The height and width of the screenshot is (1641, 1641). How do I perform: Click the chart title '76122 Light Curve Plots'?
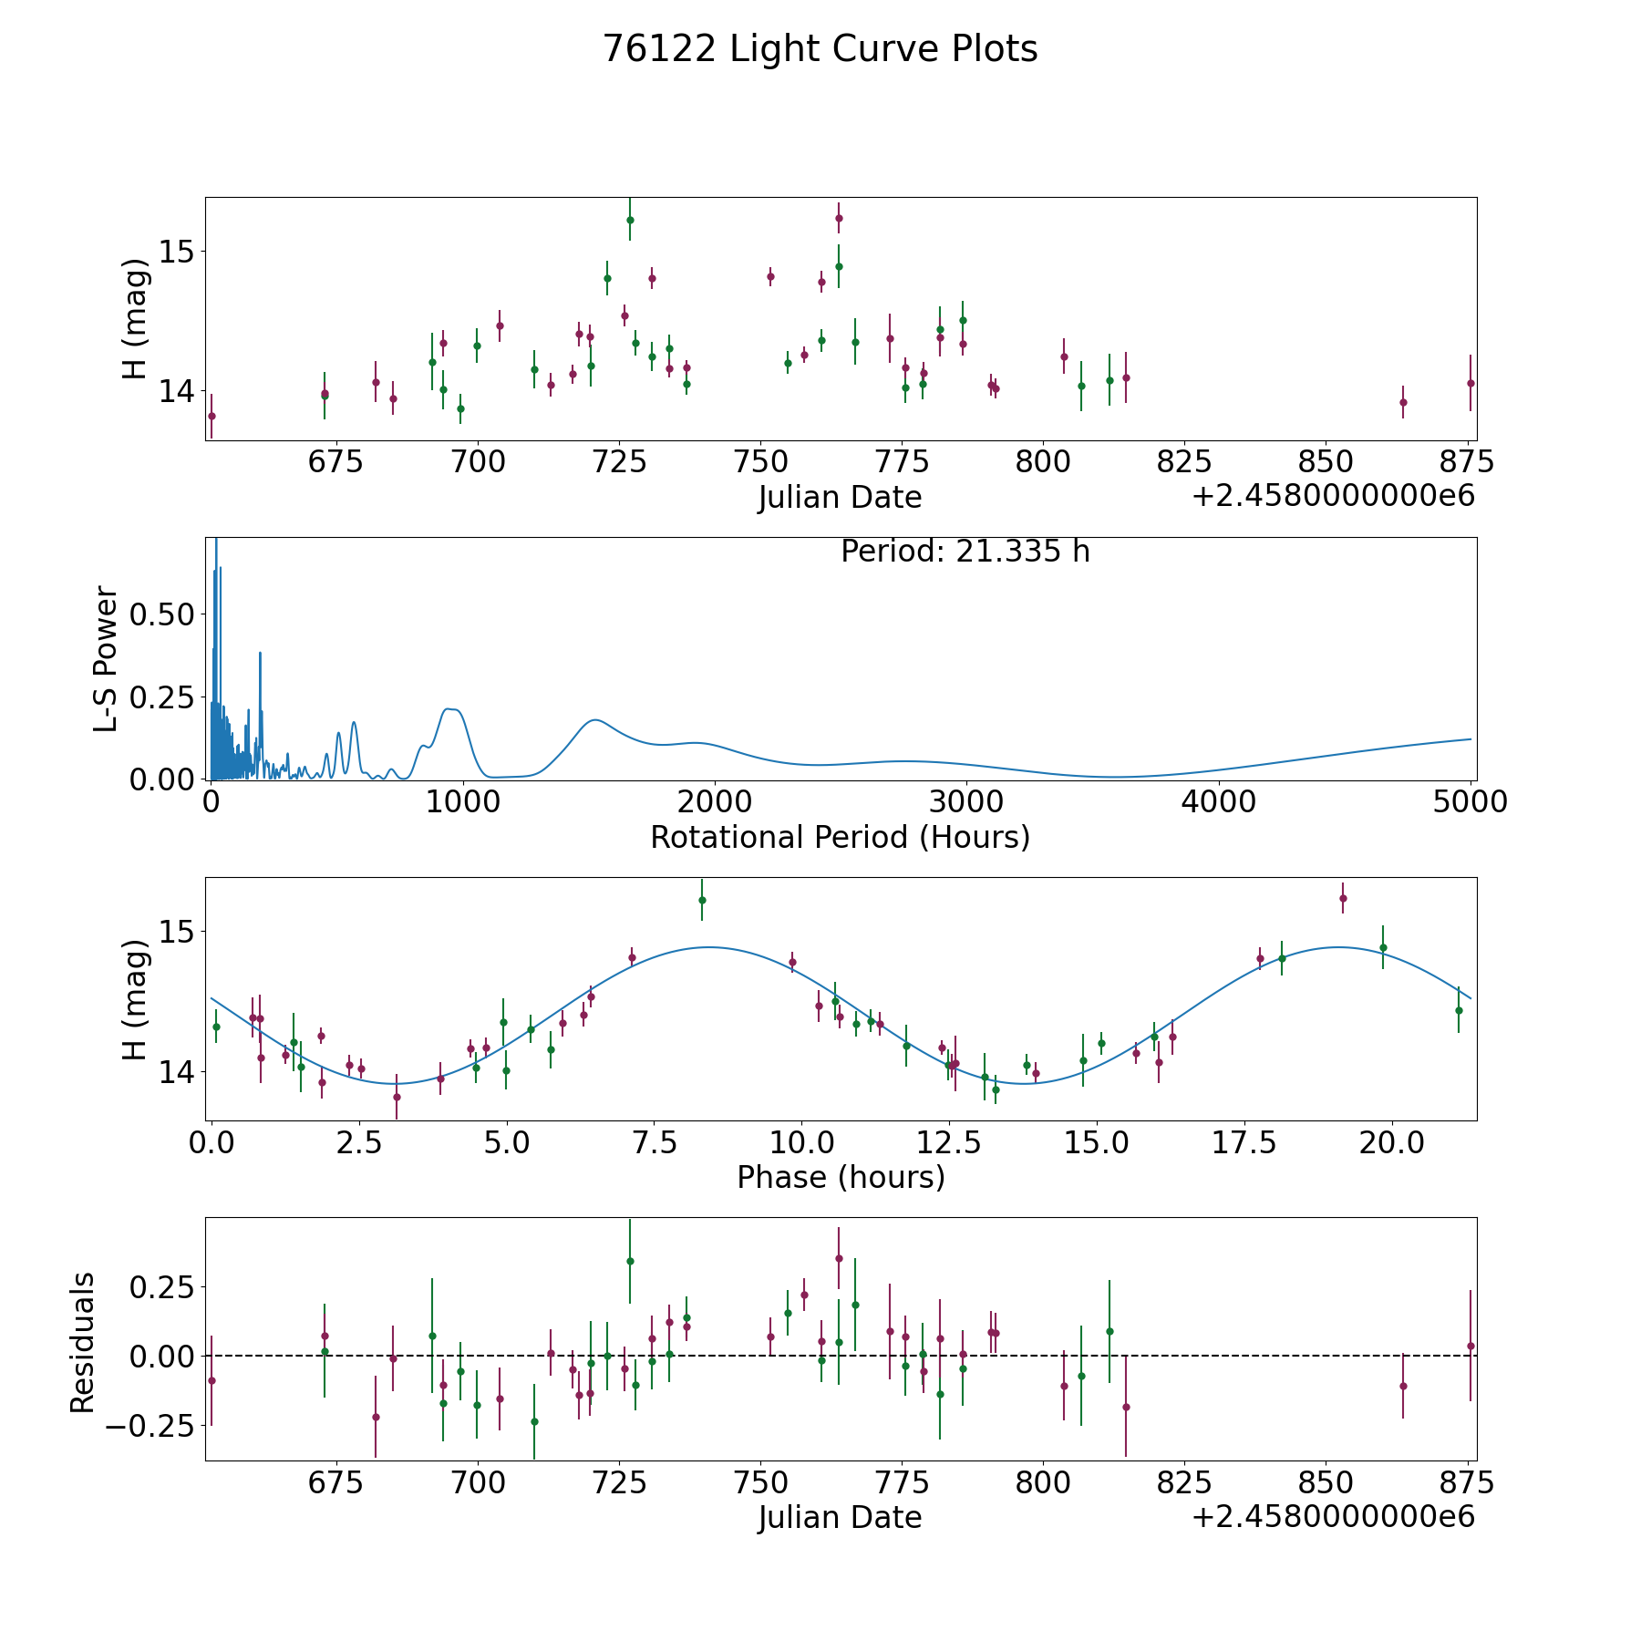click(820, 49)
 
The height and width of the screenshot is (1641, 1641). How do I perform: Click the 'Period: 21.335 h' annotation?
click(965, 552)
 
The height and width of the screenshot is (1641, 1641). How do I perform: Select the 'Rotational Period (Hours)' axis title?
click(840, 837)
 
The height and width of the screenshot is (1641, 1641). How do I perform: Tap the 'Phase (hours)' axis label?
click(840, 1177)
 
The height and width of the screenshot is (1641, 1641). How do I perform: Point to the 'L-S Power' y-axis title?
click(106, 658)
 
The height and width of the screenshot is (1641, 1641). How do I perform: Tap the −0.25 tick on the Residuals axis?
click(150, 1425)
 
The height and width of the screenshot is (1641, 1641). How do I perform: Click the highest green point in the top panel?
click(630, 220)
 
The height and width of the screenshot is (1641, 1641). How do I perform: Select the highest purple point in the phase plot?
click(1342, 898)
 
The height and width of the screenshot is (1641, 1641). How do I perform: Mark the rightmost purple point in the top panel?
click(1470, 383)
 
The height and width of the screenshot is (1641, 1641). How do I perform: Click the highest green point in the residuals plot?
click(630, 1261)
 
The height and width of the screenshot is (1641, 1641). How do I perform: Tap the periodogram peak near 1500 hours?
click(595, 720)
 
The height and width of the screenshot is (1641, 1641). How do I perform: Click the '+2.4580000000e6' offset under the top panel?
click(1333, 497)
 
